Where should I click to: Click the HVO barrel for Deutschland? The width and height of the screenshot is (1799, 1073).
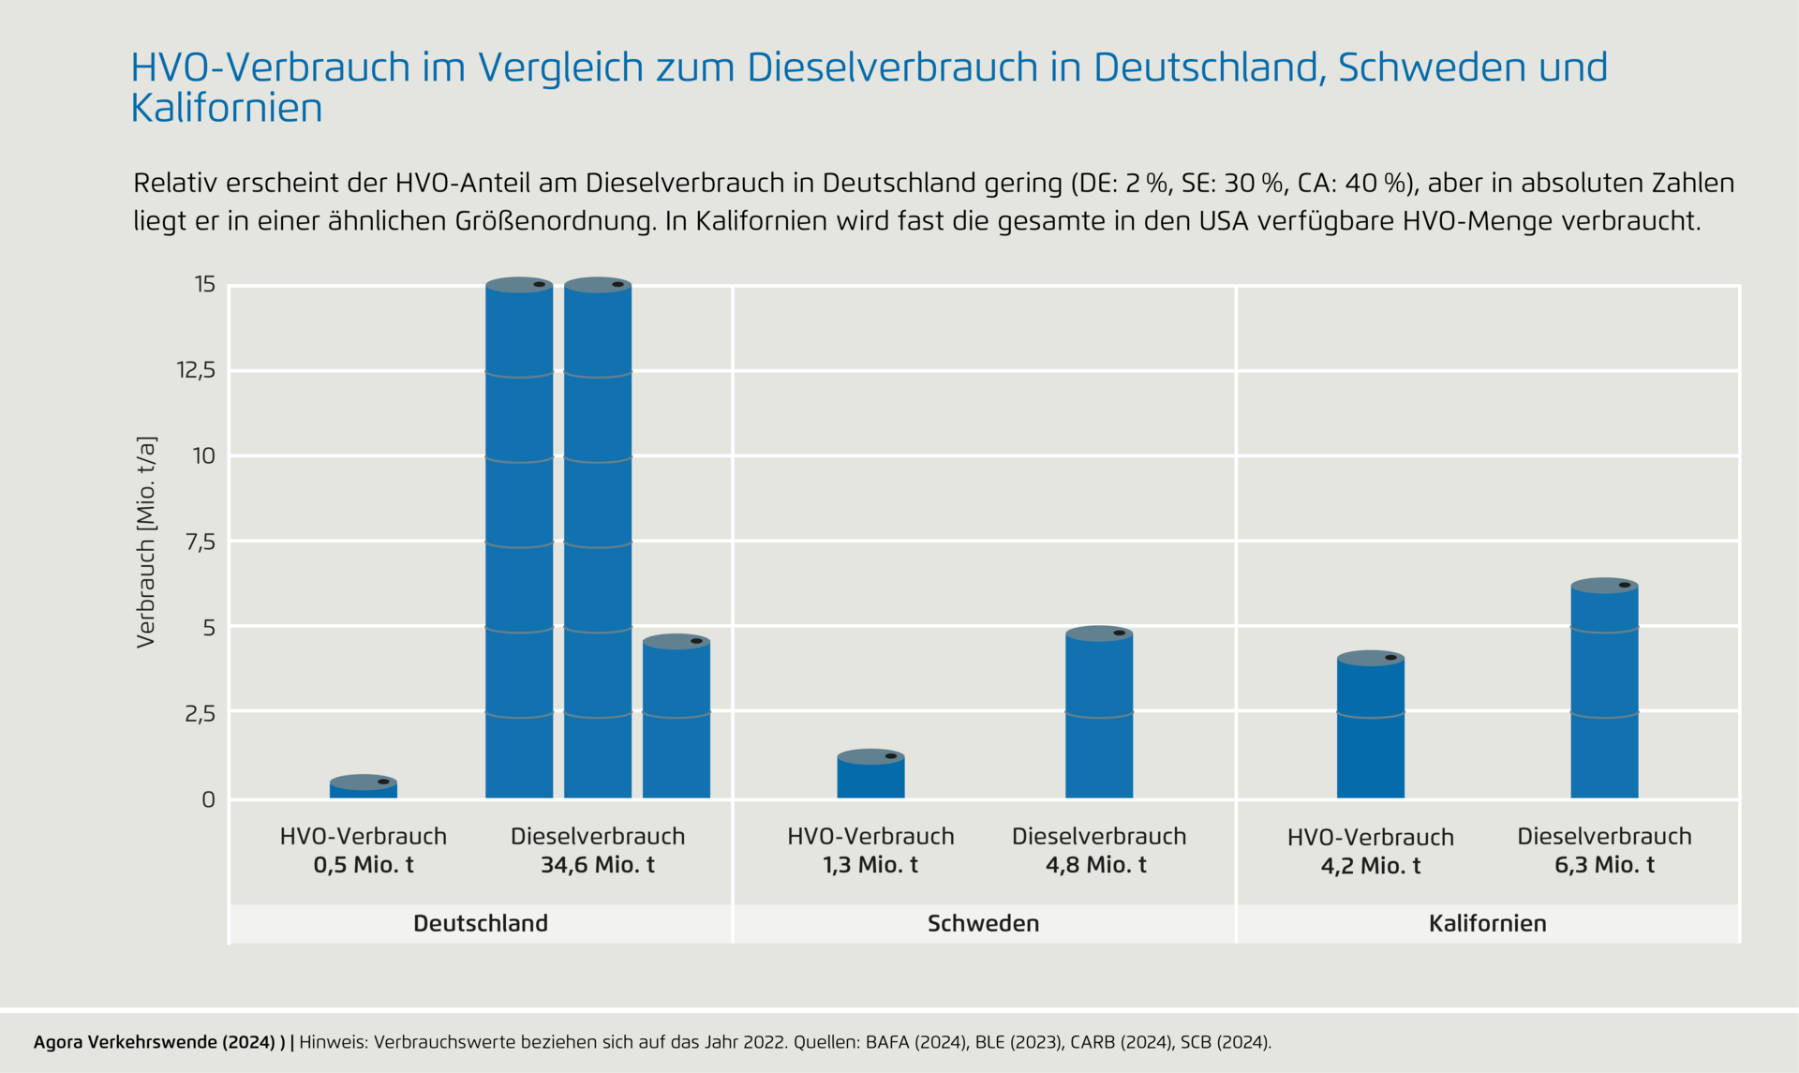coord(364,787)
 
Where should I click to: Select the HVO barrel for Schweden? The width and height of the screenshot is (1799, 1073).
coord(870,775)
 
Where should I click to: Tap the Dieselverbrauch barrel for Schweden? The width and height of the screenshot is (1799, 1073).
coord(1099,713)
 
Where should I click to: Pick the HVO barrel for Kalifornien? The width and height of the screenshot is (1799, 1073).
coord(1370,726)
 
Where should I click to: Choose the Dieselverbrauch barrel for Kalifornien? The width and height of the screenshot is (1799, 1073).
coord(1604,690)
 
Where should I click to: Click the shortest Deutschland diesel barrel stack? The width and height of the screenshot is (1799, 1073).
coord(676,718)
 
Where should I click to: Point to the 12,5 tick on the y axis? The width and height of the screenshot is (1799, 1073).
coord(197,371)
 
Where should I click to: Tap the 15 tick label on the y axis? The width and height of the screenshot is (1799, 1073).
coord(205,285)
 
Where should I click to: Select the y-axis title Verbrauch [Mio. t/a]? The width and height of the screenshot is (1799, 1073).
coord(146,542)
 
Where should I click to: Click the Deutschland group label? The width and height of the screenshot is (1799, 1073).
coord(481,924)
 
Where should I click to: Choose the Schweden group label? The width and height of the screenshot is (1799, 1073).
coord(983,924)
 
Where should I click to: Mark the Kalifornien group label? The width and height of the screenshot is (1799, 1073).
coord(1487,924)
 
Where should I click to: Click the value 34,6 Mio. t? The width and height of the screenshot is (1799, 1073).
coord(597,865)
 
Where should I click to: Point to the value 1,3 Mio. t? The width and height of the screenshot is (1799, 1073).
coord(870,865)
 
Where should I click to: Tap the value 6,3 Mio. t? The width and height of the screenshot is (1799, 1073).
coord(1604,865)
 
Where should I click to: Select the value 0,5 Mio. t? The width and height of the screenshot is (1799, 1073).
coord(364,865)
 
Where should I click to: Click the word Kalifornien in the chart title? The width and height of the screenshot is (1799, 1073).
coord(227,109)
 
